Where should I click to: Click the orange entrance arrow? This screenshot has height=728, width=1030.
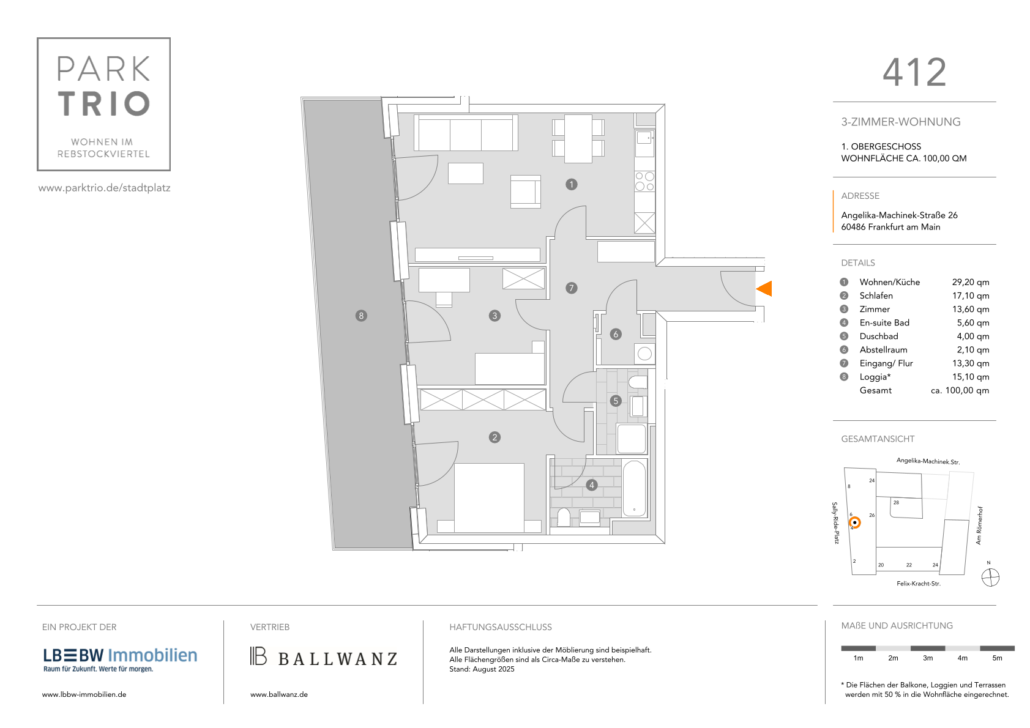click(x=764, y=289)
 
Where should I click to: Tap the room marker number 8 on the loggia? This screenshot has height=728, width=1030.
click(x=361, y=316)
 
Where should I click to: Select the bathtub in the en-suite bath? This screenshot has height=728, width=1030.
click(x=634, y=489)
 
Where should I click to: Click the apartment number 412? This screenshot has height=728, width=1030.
click(x=914, y=73)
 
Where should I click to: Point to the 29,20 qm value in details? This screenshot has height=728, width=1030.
click(x=970, y=282)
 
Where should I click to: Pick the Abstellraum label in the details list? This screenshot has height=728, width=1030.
click(x=883, y=350)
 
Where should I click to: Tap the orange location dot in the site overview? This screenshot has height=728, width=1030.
click(x=854, y=522)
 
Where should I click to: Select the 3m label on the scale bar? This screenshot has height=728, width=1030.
click(x=927, y=658)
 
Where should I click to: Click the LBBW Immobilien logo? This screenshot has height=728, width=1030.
click(x=120, y=659)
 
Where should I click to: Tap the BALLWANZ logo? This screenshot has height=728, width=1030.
click(x=324, y=657)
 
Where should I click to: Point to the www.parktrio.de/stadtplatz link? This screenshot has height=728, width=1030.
click(x=105, y=188)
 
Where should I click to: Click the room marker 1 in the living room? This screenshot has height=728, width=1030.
click(x=571, y=184)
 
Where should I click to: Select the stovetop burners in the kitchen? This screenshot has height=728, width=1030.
click(x=644, y=182)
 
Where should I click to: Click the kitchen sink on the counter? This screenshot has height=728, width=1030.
click(x=644, y=138)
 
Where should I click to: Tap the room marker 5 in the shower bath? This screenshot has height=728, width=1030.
click(x=616, y=401)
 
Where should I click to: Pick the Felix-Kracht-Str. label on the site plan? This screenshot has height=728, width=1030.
click(x=918, y=584)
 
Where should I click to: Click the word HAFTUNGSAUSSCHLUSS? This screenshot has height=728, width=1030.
click(x=500, y=627)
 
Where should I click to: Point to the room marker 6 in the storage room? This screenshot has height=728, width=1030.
click(x=616, y=334)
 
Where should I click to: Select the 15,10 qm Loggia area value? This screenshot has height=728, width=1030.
click(x=970, y=377)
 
